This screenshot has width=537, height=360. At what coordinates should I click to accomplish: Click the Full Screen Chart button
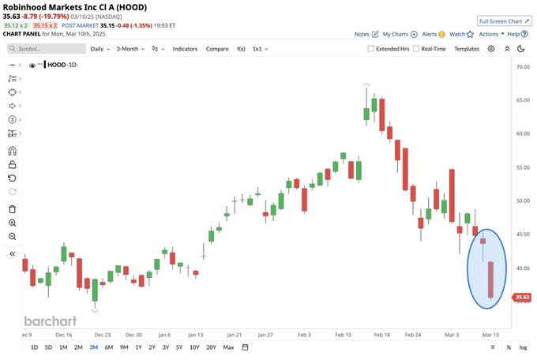point(503,21)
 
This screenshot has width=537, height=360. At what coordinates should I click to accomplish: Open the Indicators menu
point(185,49)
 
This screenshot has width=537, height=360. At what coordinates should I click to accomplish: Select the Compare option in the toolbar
point(217,49)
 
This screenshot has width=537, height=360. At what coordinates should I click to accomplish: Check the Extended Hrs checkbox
point(372,49)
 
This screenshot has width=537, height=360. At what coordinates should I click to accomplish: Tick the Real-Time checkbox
point(415,49)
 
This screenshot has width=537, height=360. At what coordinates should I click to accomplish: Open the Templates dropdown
point(467,49)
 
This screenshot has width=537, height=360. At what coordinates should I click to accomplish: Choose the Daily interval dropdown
point(99,49)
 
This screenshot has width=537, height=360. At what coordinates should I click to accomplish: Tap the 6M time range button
point(108,347)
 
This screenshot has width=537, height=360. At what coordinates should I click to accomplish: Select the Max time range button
point(228,347)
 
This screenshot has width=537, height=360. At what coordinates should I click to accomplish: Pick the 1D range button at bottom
point(34,347)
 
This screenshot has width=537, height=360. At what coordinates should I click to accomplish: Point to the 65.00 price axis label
point(523,100)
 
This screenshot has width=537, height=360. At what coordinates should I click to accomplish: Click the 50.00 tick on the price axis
point(523,201)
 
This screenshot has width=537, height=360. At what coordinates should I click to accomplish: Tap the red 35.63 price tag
point(521,298)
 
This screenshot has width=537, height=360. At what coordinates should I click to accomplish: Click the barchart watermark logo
point(50,321)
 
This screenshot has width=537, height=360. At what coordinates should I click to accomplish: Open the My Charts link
point(396,35)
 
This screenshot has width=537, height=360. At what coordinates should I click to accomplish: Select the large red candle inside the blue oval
point(491,279)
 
